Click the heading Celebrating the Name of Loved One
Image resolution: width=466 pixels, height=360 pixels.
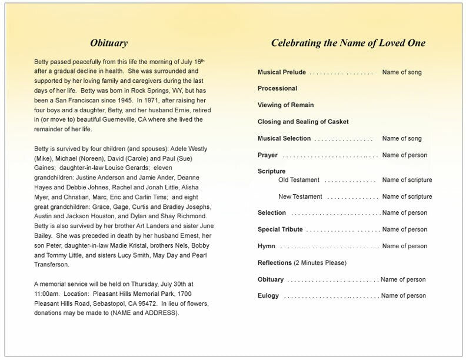[348, 43]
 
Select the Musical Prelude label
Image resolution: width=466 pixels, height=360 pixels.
[282, 72]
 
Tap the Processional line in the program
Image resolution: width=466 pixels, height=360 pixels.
[277, 88]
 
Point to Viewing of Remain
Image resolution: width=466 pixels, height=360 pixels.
[286, 105]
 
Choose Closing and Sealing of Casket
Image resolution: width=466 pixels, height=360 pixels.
[303, 122]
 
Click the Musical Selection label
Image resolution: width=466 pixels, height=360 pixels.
[284, 138]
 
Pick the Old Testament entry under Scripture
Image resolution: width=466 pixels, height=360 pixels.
[299, 179]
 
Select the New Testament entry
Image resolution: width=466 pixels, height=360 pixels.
[300, 196]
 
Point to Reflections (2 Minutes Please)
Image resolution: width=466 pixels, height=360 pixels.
[302, 262]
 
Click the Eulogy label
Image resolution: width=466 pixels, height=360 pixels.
[268, 295]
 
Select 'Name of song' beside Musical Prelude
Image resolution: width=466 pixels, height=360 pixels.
[402, 72]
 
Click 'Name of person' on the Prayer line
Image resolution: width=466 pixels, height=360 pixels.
[404, 155]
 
